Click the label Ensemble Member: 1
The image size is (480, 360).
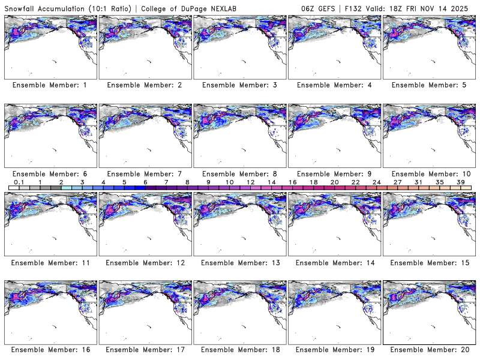pyautogui.click(x=50, y=85)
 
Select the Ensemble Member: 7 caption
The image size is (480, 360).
pyautogui.click(x=145, y=173)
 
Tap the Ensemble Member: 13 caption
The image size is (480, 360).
pyautogui.click(x=239, y=262)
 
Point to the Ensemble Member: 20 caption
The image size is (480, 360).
pyautogui.click(x=429, y=350)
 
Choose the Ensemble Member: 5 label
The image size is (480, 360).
pyautogui.click(x=429, y=85)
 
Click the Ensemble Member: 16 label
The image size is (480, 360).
pyautogui.click(x=50, y=350)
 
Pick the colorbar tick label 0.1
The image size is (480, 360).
pyautogui.click(x=19, y=182)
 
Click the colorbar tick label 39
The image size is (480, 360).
pyautogui.click(x=461, y=182)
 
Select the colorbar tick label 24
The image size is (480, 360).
pyautogui.click(x=377, y=182)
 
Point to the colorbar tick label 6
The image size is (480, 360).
pyautogui.click(x=145, y=182)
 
